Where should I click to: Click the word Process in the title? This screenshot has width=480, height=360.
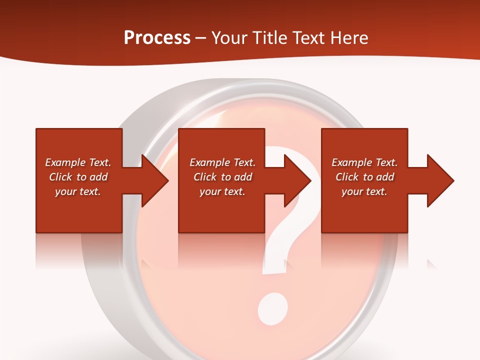click(x=157, y=38)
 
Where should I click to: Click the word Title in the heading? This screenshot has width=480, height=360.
click(x=269, y=38)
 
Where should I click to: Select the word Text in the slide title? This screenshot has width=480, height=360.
click(x=307, y=38)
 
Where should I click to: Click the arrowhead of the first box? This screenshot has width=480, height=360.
click(x=155, y=181)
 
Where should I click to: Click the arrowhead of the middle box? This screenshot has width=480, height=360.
click(x=298, y=181)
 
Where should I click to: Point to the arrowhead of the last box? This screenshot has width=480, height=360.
click(x=440, y=181)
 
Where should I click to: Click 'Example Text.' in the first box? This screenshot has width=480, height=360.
click(x=78, y=162)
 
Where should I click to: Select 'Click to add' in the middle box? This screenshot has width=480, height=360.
click(x=222, y=177)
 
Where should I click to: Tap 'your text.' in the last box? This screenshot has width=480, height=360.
click(x=364, y=191)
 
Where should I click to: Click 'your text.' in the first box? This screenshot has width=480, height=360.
click(x=78, y=191)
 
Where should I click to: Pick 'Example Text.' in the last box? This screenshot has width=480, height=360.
click(x=364, y=162)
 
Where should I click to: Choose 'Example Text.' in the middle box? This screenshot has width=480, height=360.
click(x=222, y=162)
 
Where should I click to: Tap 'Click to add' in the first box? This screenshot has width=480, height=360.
click(x=78, y=177)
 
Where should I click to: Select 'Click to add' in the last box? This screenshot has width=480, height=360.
click(x=364, y=177)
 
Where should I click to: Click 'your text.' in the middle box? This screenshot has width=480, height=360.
click(x=222, y=191)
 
